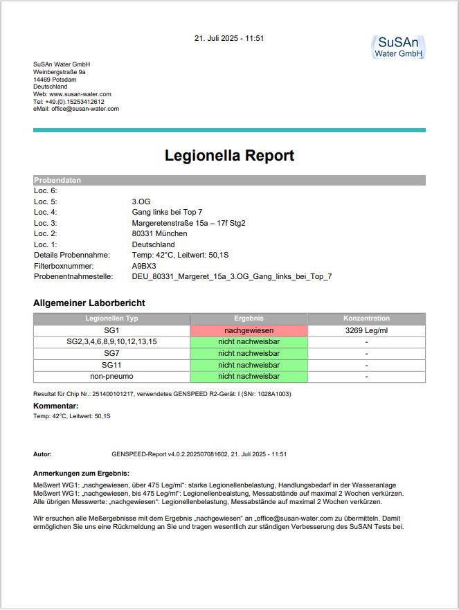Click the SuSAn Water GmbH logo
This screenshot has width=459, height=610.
398,47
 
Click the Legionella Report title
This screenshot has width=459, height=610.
229,155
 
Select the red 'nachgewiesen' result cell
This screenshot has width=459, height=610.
249,330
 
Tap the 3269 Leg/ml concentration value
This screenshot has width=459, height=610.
366,330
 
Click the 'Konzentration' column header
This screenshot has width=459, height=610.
366,319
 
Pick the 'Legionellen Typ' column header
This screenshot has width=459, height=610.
111,319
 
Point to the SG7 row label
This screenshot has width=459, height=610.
111,353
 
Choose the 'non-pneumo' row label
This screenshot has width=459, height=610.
111,376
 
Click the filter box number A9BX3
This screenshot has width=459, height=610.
144,266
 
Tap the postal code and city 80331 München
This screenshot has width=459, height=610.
159,233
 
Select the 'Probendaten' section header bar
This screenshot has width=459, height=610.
229,180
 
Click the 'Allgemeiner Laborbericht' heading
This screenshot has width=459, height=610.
89,303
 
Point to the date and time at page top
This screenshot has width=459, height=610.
229,38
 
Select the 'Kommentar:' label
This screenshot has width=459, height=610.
55,406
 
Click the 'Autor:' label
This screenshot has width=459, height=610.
42,454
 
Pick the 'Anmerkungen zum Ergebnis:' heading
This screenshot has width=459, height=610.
81,472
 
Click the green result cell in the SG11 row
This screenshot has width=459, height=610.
249,365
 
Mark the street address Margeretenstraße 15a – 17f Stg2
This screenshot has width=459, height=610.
188,223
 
